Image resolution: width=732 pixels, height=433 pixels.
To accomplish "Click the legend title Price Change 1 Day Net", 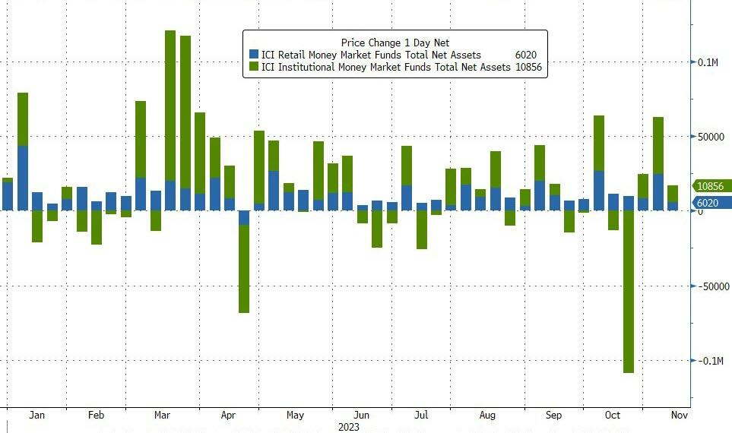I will coord(395,43).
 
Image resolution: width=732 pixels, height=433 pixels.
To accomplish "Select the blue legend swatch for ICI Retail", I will coord(255,55).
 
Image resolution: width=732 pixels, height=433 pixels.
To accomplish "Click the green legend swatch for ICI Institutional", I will coord(255,68).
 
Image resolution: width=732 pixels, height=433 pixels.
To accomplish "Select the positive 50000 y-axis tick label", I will coord(711,137).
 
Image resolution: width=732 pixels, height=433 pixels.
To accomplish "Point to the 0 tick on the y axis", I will coord(701,211).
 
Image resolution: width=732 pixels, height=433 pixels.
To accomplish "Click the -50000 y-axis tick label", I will coord(714,286).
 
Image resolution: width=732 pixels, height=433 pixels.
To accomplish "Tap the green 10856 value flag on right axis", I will coord(711,186).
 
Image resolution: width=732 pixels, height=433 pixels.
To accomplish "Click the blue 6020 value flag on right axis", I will coord(711,203).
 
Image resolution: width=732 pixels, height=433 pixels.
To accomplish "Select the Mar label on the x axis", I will coord(162,416).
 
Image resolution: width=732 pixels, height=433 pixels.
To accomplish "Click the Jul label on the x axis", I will coord(421,416).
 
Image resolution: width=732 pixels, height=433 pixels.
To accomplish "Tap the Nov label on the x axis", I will coord(679,416).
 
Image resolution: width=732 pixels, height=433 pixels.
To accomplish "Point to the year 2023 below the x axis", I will coord(349,428).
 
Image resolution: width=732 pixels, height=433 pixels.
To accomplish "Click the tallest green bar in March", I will coord(170,106).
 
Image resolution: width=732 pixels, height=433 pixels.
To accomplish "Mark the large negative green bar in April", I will coord(244,269).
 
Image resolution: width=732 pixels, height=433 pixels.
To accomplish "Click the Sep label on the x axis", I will coord(554,416).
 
